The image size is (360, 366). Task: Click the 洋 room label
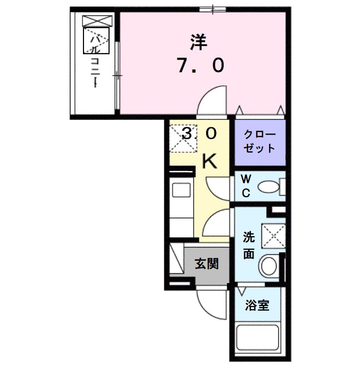(198, 41)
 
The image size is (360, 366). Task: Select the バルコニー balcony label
(95, 60)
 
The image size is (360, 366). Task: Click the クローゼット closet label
(259, 141)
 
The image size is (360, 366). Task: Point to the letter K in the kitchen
(210, 162)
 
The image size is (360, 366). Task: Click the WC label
(245, 186)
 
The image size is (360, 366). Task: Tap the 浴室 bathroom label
(258, 305)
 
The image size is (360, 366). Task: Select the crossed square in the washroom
(273, 235)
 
